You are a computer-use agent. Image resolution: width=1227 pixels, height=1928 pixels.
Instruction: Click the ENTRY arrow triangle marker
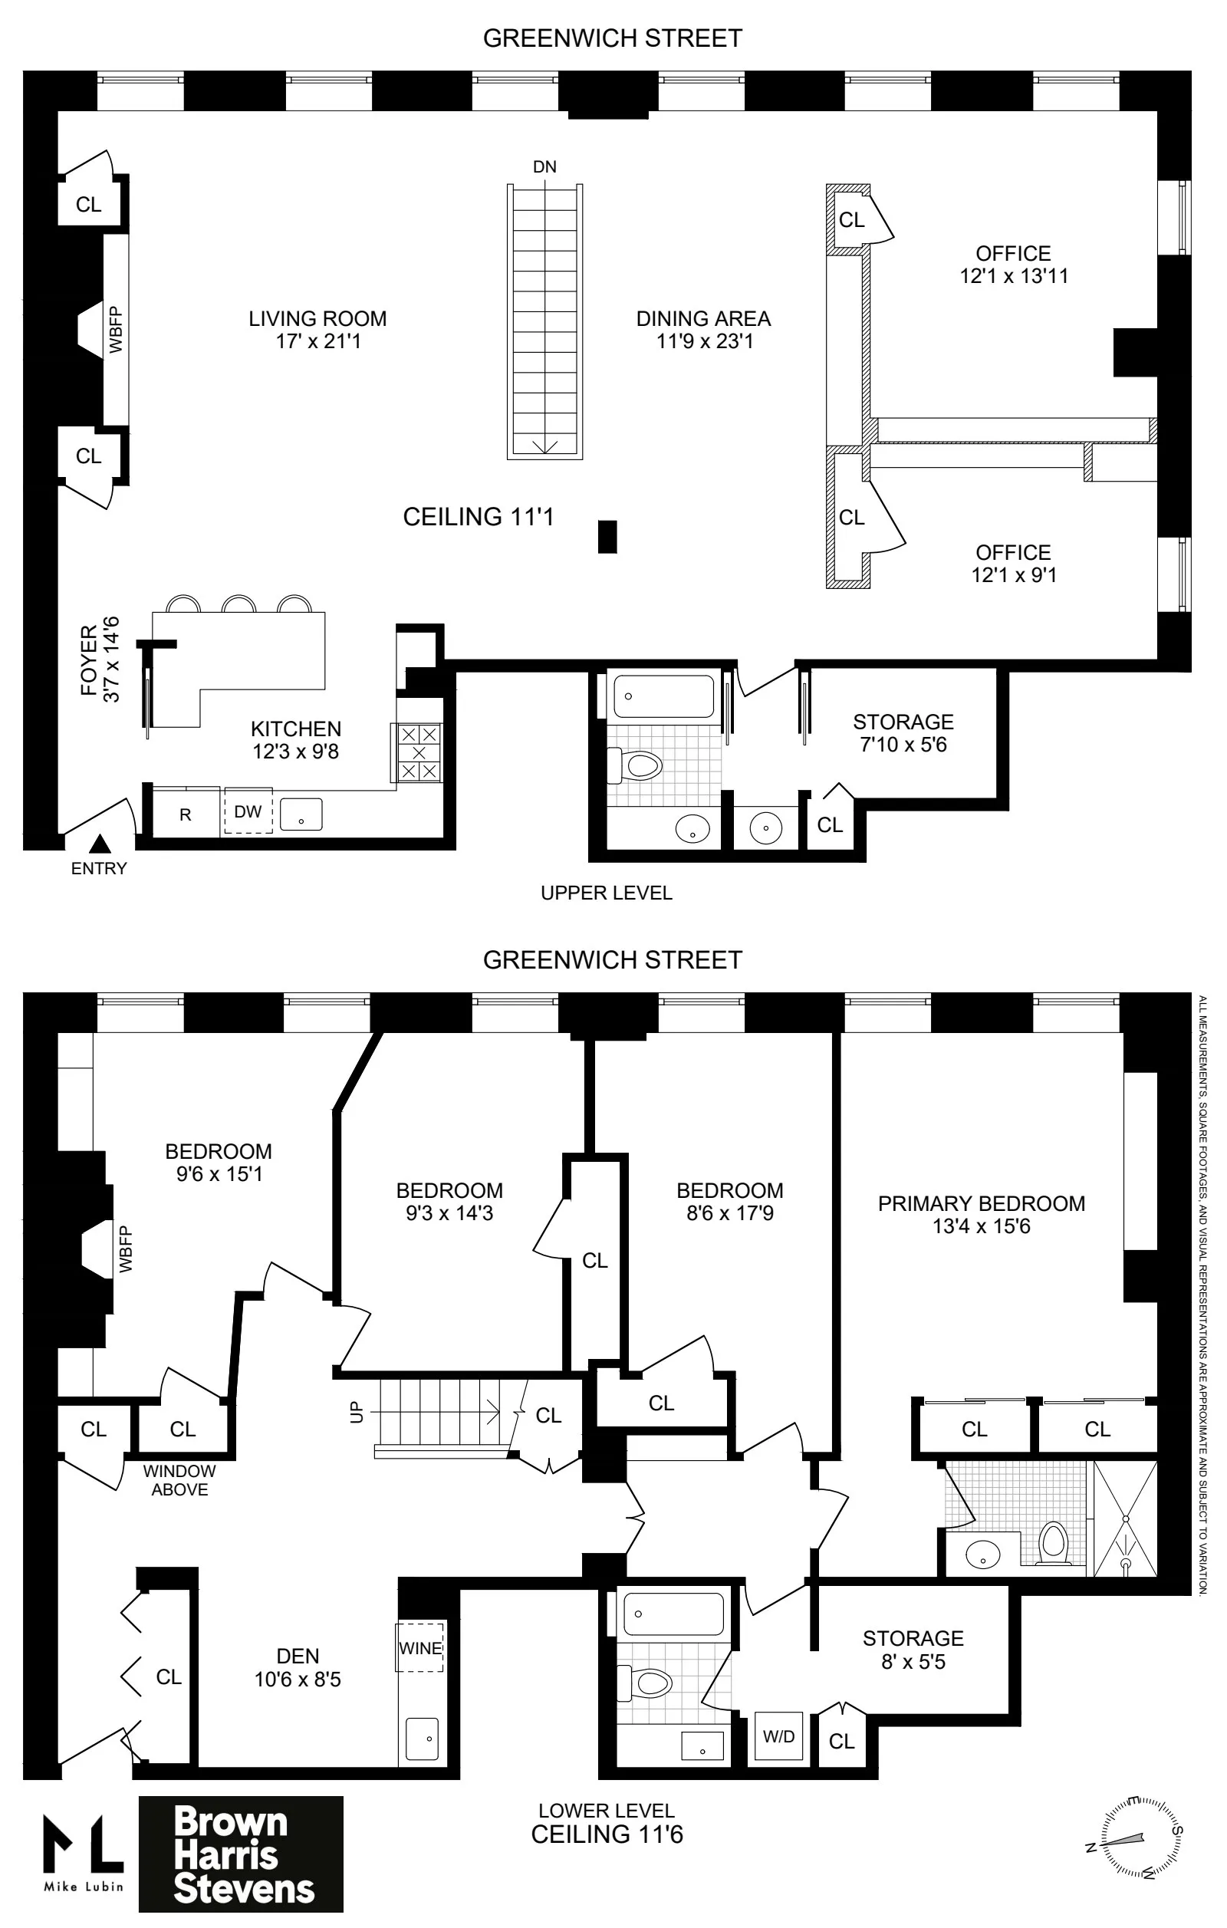point(100,843)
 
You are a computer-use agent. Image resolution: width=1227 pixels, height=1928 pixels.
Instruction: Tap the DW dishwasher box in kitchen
point(248,811)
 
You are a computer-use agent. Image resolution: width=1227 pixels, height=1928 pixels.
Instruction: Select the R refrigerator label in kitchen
point(185,815)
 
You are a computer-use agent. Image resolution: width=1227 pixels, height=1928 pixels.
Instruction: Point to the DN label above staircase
point(544,166)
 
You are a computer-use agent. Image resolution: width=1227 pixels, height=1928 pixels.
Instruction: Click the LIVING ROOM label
point(317,319)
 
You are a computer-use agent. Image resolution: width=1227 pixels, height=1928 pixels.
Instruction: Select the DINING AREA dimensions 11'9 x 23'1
point(704,342)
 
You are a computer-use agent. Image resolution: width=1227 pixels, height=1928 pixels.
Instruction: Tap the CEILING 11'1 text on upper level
point(478,517)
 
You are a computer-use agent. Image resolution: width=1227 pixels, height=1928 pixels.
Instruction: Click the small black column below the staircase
point(607,536)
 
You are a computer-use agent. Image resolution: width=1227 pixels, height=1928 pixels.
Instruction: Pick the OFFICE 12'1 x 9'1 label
point(1013,564)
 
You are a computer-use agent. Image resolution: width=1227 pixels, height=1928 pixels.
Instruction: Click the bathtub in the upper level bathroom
point(663,696)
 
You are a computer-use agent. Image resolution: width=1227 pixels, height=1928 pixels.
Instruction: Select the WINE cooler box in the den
point(420,1648)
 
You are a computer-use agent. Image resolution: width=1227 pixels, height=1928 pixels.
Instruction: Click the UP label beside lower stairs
point(357,1412)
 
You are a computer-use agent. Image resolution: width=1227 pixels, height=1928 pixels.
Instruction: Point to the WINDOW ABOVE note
point(179,1480)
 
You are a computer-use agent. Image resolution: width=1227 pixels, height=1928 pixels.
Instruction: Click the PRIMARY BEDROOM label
point(982,1204)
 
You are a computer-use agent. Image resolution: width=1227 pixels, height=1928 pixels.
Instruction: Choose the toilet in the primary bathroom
point(1054,1541)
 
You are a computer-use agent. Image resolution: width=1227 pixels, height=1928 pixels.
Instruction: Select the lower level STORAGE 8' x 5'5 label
point(913,1650)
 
